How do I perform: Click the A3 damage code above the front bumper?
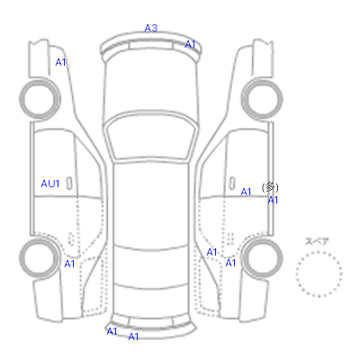[x=151, y=28]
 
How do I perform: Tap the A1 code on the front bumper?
[x=190, y=44]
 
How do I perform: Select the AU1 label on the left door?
[x=50, y=184]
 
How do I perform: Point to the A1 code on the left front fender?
[x=60, y=62]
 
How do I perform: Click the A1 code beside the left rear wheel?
[x=69, y=264]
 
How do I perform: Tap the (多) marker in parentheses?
[x=270, y=187]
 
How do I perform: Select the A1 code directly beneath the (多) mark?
[x=273, y=200]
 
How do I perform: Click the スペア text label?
[x=317, y=241]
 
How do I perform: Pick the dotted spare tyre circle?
[x=319, y=252]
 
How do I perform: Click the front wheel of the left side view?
[x=40, y=81]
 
